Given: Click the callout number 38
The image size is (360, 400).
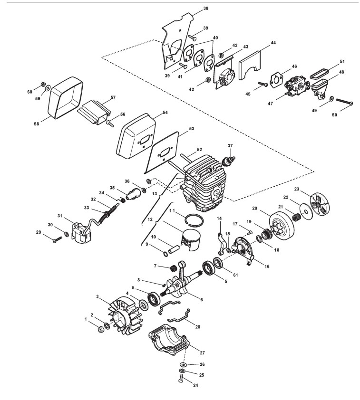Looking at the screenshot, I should click(x=205, y=9).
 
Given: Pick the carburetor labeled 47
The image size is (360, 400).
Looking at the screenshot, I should click(x=297, y=87).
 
